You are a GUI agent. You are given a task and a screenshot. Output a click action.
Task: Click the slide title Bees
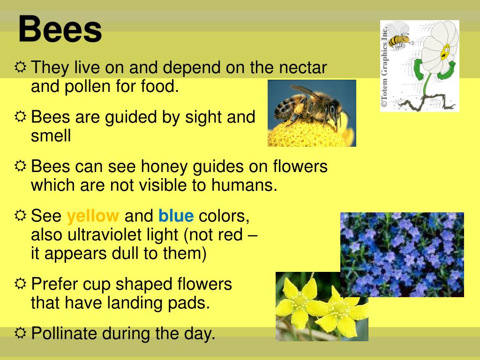[x=60, y=29]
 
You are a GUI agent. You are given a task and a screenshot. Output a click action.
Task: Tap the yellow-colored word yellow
[x=93, y=216]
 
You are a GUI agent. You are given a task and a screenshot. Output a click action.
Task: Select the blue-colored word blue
[x=176, y=216]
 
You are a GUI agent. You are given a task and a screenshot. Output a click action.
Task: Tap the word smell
[x=51, y=136]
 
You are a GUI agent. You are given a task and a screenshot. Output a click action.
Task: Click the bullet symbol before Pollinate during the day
[x=21, y=333]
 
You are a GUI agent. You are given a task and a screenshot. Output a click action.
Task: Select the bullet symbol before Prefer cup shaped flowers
[x=21, y=284]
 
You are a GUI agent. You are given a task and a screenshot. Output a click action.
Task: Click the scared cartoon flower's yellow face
[x=444, y=51]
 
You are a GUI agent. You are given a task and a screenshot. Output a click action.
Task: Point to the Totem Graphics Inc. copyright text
[x=384, y=66]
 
